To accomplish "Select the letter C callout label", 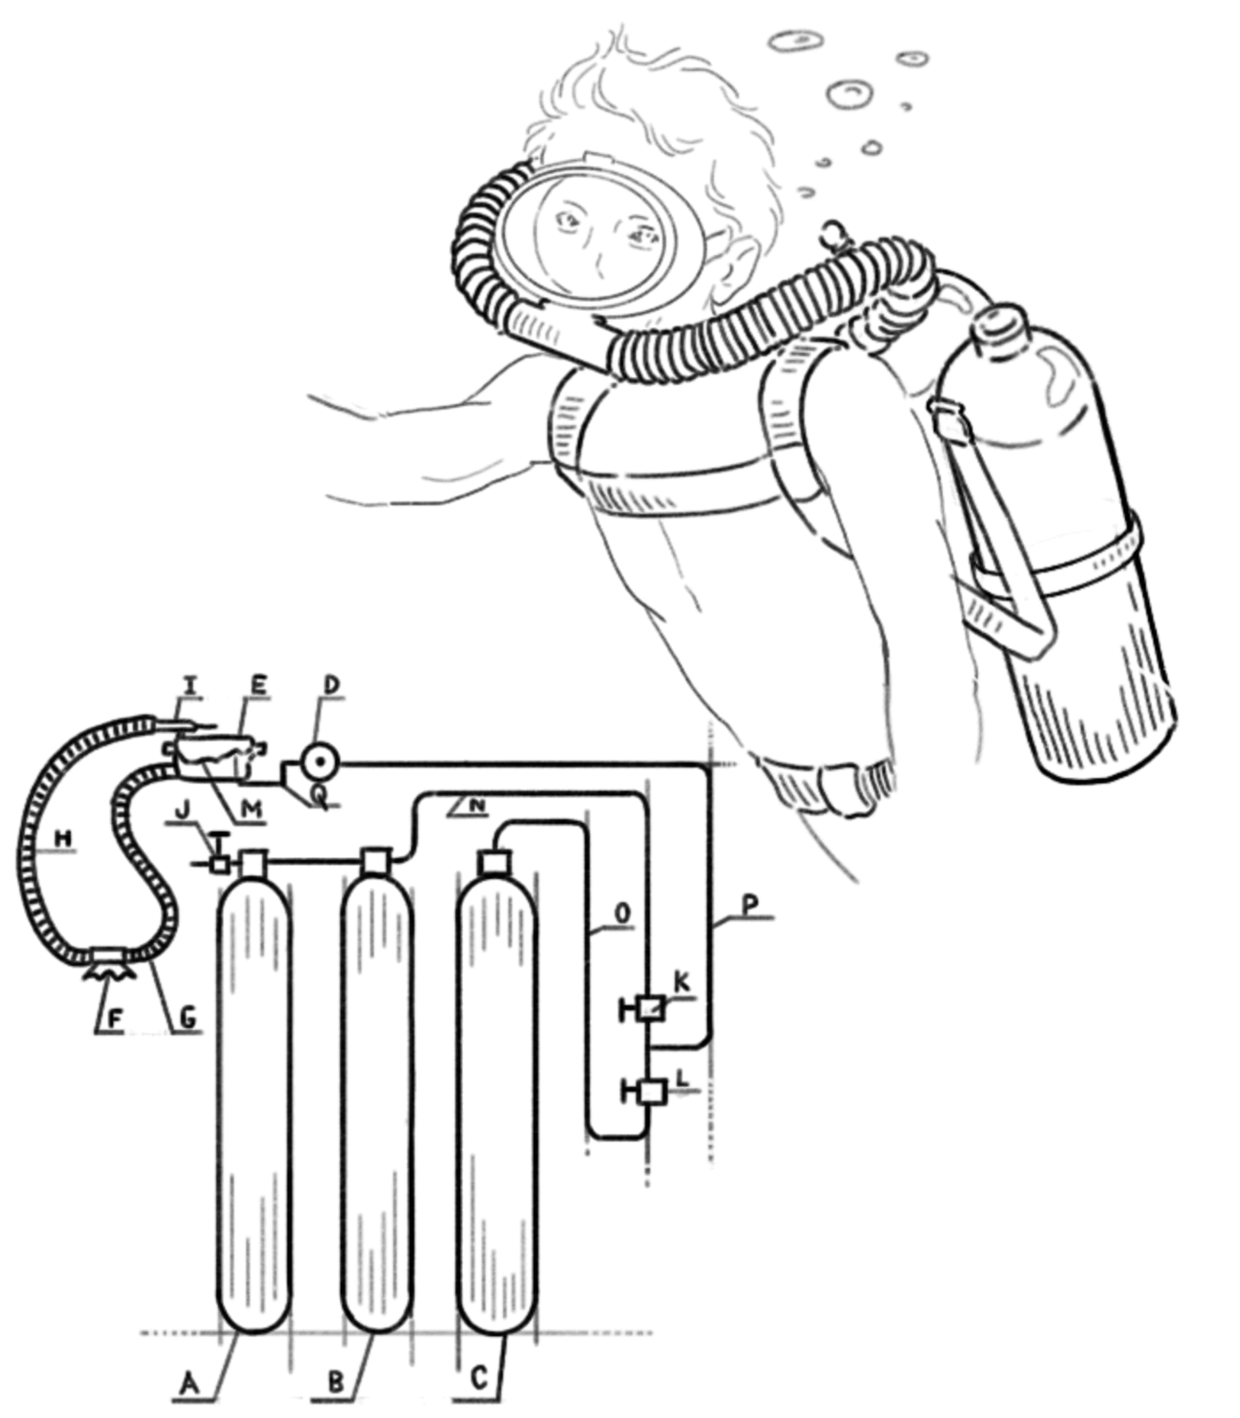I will (x=479, y=1376).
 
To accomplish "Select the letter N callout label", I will (x=476, y=804).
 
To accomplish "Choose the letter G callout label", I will (x=187, y=1018).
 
